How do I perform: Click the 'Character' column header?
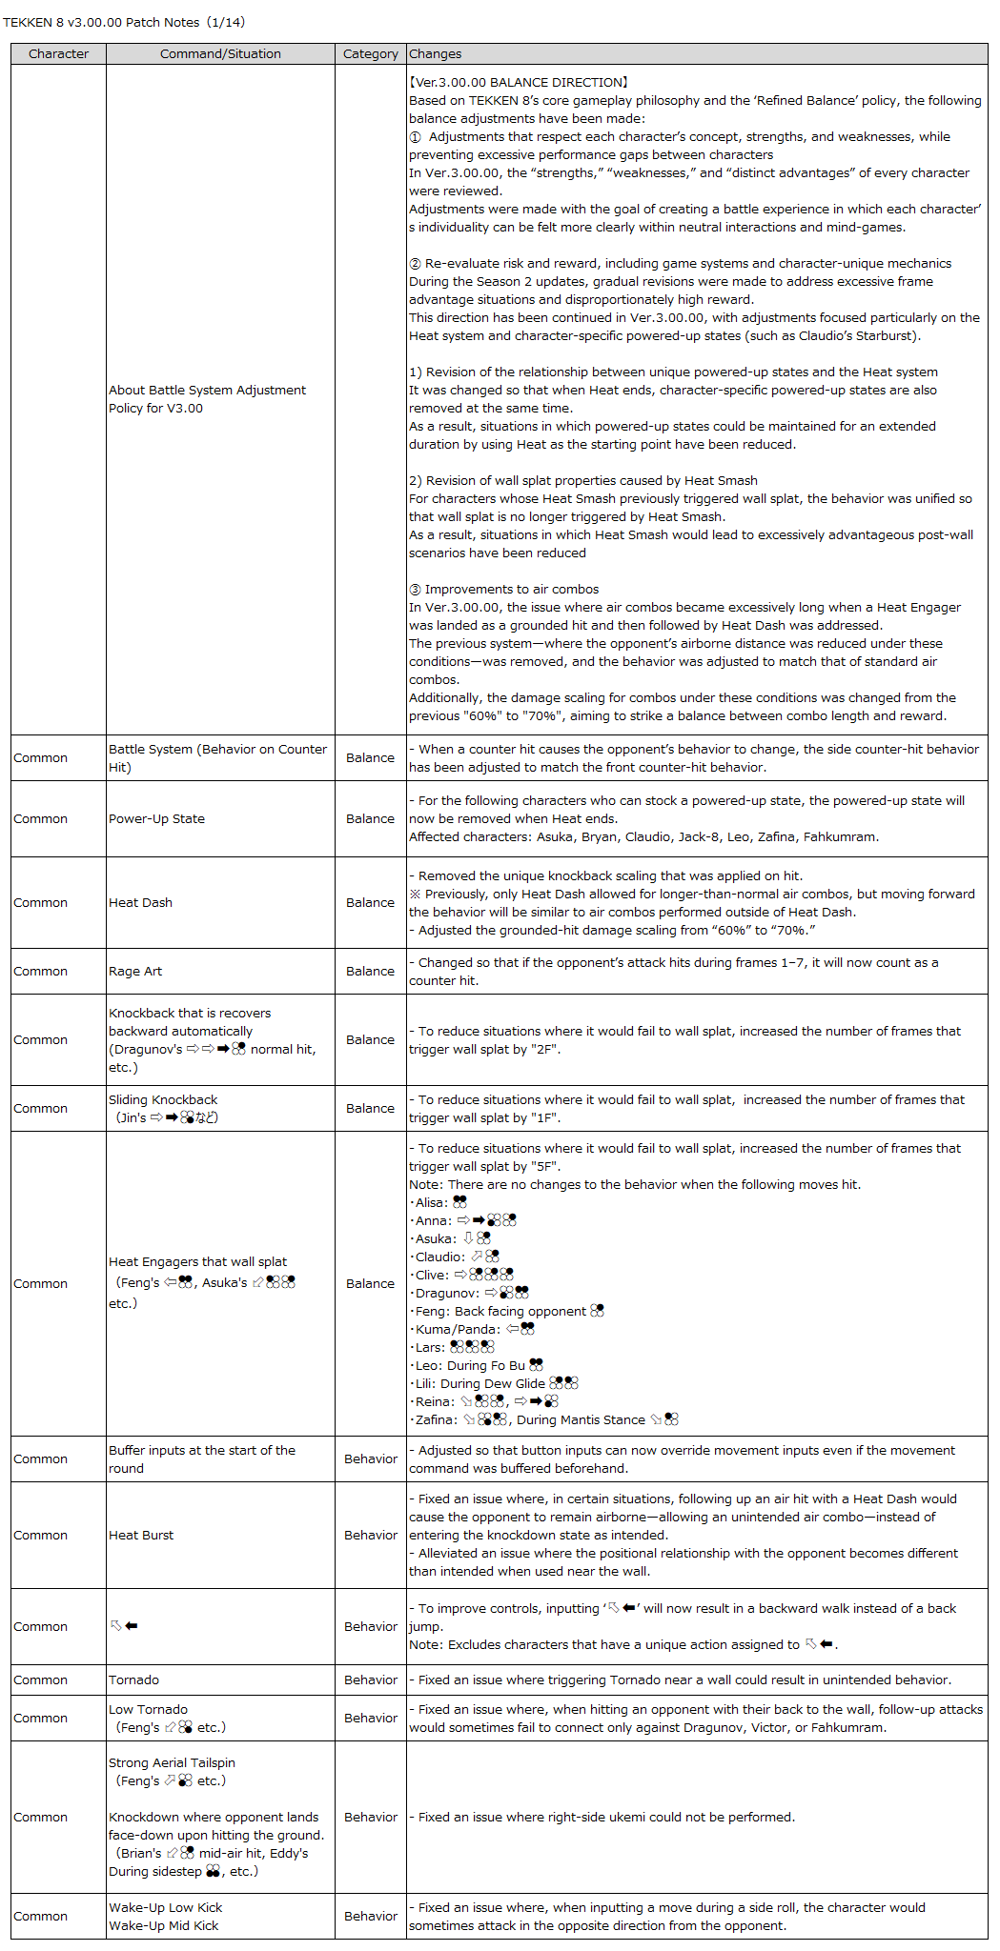coord(58,54)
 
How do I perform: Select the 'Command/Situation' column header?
coord(220,54)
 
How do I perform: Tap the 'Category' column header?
coord(370,54)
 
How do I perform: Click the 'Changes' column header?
coord(435,54)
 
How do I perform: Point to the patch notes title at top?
coord(124,22)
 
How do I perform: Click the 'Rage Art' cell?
coord(135,972)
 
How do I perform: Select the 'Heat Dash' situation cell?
coord(140,903)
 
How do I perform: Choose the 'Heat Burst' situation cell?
coord(141,1536)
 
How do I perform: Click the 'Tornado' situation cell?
coord(133,1680)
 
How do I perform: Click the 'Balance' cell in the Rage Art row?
coord(370,972)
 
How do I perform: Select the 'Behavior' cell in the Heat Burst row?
coord(370,1536)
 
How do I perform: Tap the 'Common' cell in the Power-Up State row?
coord(41,819)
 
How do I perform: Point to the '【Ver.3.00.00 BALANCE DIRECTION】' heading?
coord(519,83)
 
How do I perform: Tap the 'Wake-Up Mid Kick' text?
coord(164,1926)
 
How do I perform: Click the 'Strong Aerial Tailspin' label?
coord(172,1763)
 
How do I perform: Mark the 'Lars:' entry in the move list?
coord(431,1348)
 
